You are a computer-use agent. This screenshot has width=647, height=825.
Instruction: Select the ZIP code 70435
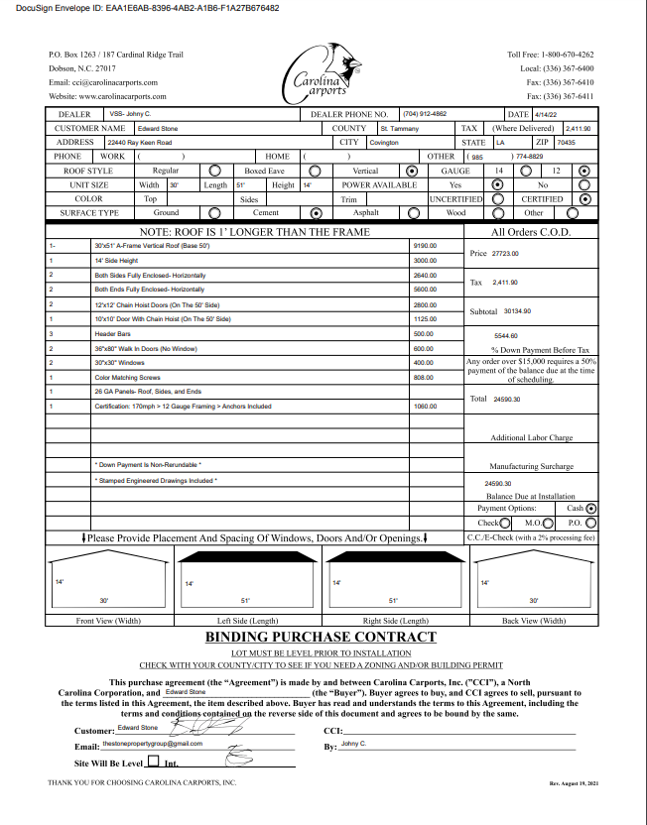[567, 143]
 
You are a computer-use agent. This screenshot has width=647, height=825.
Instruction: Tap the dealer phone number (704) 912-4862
[425, 114]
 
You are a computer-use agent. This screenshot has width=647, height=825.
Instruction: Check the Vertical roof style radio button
[412, 171]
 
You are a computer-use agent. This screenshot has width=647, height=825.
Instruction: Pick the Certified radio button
[584, 198]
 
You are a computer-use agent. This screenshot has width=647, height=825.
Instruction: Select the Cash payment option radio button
[591, 508]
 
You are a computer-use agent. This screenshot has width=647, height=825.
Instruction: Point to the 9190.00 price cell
[425, 244]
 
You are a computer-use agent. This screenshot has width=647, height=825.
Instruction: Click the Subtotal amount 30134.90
[517, 311]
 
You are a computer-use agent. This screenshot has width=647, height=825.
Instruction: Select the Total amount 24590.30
[507, 399]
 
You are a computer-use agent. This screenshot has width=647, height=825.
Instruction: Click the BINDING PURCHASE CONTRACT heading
[320, 637]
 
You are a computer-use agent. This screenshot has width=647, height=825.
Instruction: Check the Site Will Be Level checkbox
[153, 763]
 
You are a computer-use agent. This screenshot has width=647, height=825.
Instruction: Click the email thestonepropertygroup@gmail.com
[153, 743]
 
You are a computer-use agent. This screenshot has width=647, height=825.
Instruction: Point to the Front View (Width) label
[108, 621]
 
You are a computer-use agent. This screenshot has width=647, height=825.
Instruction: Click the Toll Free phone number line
[551, 55]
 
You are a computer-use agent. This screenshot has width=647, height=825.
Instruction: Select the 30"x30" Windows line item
[118, 363]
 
